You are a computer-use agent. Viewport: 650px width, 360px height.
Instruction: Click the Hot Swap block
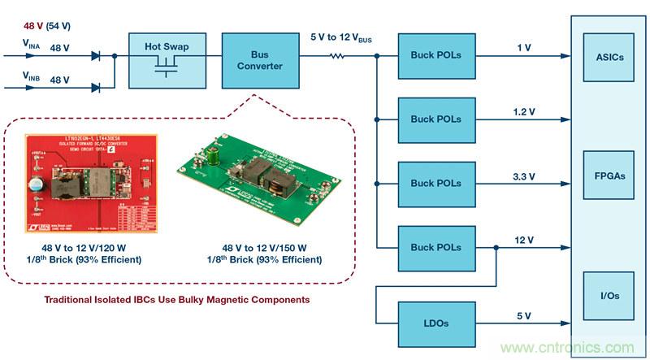click(167, 59)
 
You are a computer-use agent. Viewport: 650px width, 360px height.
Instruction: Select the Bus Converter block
click(255, 59)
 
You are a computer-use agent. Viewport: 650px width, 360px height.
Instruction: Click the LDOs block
click(435, 323)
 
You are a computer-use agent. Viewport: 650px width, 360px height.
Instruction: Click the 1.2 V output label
click(522, 109)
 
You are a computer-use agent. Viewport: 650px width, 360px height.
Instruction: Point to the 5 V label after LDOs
click(522, 314)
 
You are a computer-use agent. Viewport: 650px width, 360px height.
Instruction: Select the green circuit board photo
click(260, 184)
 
